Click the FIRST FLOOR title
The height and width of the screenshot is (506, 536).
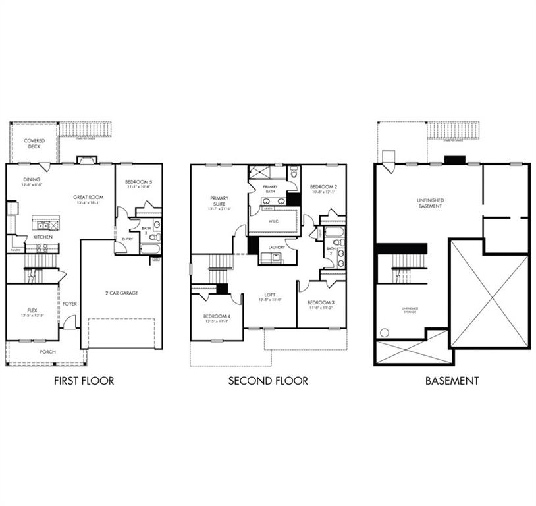point(84,381)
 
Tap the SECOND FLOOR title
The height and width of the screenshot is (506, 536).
point(268,381)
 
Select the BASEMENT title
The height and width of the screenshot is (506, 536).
point(452,381)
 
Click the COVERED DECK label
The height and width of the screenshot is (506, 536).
point(34,144)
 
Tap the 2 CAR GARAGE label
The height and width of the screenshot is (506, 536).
point(121,293)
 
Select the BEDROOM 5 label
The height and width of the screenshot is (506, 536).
point(138,183)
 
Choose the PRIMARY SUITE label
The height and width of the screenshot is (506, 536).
point(219,201)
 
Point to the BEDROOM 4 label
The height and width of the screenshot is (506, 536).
point(217,317)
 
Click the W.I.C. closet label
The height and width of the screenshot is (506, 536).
point(274,221)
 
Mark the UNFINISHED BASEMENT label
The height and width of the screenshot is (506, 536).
point(429,202)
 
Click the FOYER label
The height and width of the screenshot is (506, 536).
point(70,304)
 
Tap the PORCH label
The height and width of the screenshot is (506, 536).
point(47,352)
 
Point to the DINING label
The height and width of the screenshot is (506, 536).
point(32,179)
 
